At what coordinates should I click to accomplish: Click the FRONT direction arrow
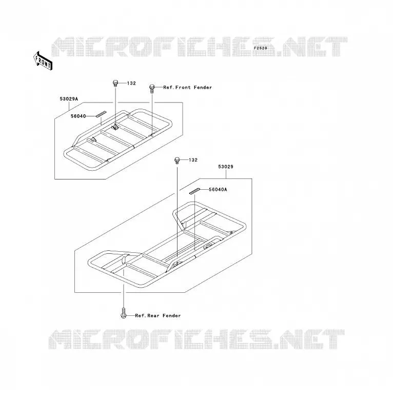(43, 61)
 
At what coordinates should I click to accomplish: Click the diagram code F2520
(261, 48)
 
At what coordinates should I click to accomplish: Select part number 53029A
(69, 99)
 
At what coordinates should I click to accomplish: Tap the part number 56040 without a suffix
(78, 116)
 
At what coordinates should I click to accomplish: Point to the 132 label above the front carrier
(131, 83)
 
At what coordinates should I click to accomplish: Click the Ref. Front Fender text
(188, 88)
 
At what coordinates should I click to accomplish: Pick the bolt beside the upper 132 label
(115, 84)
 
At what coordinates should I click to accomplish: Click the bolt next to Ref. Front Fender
(152, 88)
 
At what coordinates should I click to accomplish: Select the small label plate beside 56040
(101, 114)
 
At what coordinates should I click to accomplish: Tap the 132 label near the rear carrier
(193, 160)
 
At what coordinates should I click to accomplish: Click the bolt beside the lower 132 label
(177, 161)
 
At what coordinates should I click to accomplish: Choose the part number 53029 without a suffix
(226, 167)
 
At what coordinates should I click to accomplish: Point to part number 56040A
(218, 190)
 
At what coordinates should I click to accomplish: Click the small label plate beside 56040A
(194, 191)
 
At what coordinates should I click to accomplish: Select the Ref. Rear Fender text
(158, 315)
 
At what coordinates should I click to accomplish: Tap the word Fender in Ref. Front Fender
(203, 88)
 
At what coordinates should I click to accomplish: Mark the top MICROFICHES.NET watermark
(199, 47)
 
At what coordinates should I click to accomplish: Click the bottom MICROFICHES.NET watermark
(196, 339)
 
